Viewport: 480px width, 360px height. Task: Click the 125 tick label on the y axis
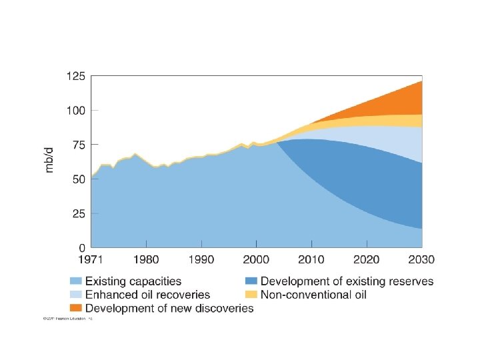(75, 76)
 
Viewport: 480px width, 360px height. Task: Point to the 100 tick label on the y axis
(75, 110)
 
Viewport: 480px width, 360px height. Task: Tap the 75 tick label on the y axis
(77, 145)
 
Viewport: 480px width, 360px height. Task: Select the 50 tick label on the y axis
(77, 179)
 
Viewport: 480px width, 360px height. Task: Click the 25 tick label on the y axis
(77, 214)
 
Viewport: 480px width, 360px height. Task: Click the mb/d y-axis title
(49, 160)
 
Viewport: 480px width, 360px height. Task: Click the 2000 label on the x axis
(257, 259)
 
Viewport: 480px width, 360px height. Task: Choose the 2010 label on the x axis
(312, 259)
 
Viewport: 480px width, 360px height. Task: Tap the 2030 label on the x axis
(421, 259)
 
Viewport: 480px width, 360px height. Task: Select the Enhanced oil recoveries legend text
(147, 295)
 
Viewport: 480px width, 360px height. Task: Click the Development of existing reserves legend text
(347, 282)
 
